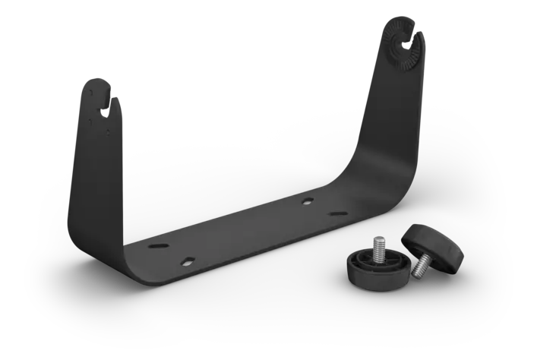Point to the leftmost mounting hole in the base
[154, 247]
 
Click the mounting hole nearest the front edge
[187, 261]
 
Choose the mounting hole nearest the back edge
[307, 201]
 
